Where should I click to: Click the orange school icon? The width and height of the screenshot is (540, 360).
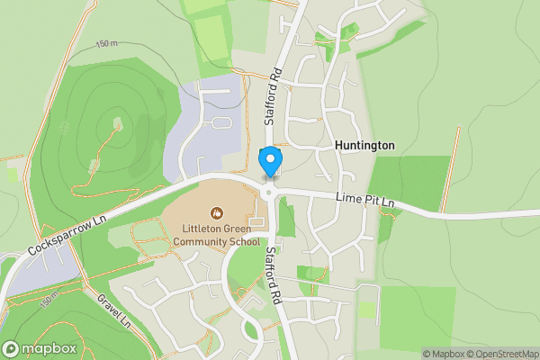coord(216,213)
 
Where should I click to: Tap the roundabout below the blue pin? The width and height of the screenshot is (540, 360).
coord(269,190)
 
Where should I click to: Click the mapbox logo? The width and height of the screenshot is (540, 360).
coord(37,348)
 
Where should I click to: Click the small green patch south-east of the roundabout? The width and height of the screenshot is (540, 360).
coord(287,220)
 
